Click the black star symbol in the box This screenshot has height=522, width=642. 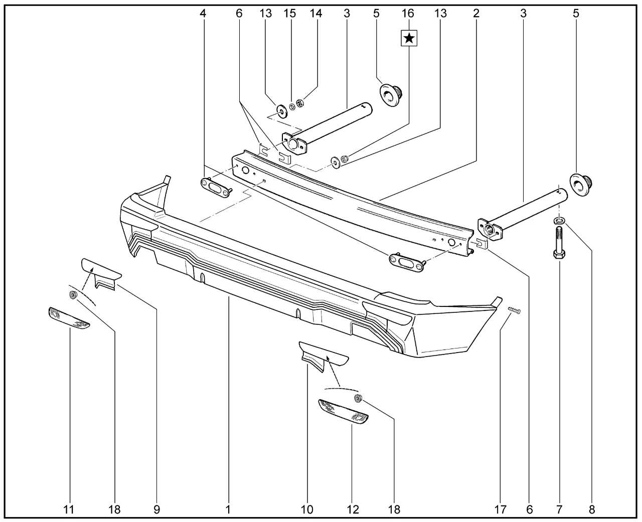(x=409, y=38)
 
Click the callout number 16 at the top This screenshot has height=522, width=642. (x=408, y=13)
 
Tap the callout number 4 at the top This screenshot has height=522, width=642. (x=203, y=13)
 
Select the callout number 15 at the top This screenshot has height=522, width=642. (x=290, y=13)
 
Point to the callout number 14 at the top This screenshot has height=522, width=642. (x=316, y=13)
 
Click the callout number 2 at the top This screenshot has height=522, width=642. (x=476, y=13)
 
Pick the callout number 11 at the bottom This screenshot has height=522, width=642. (x=69, y=509)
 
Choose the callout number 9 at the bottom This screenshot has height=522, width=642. (x=156, y=509)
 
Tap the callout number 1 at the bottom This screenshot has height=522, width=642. (x=228, y=509)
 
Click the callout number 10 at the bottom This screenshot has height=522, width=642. (x=307, y=509)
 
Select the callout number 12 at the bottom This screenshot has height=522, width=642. (x=353, y=509)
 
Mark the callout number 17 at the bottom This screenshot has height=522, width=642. (x=501, y=509)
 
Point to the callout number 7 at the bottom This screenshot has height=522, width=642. (x=559, y=509)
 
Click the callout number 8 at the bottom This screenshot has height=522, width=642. (x=592, y=509)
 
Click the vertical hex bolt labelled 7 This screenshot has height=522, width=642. (x=559, y=242)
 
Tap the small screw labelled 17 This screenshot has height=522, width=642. (x=514, y=310)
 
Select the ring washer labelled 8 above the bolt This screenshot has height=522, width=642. (x=559, y=221)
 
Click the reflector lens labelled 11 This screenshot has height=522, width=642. (x=69, y=318)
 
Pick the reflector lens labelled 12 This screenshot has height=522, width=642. (x=343, y=412)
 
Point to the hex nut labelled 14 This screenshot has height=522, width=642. (x=300, y=103)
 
